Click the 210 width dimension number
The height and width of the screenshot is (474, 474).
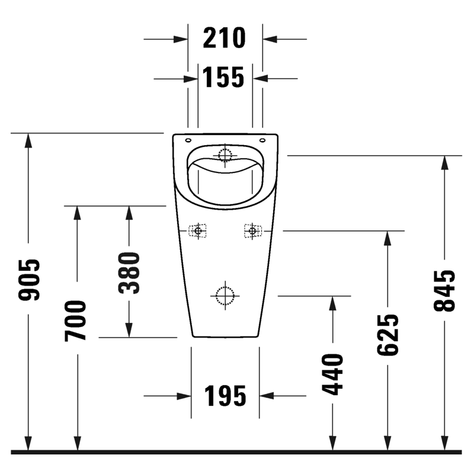(224, 38)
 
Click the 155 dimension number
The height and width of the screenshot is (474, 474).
(223, 77)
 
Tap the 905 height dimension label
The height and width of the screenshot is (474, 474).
(29, 280)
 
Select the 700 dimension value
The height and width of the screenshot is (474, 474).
(76, 321)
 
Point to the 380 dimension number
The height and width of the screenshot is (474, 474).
(129, 273)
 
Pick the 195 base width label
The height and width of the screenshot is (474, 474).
(225, 396)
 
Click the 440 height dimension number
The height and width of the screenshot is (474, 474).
(332, 374)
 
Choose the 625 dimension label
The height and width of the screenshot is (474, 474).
(388, 335)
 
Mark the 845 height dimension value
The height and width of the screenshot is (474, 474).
(444, 290)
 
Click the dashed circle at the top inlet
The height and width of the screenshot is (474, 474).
(225, 155)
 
